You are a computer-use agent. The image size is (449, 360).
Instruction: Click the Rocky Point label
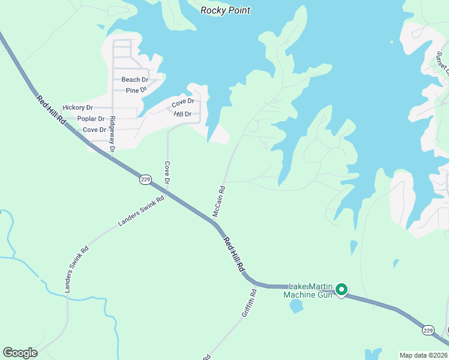pos(225,10)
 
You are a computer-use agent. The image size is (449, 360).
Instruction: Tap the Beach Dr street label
pos(134,80)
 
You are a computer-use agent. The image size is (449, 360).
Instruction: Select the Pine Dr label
pos(136,91)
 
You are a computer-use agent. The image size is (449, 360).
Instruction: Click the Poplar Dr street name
pos(91,119)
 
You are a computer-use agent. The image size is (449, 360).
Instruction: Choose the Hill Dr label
pos(182,114)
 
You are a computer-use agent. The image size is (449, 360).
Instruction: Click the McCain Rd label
pos(218,202)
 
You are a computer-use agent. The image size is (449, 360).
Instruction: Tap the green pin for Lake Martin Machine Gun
pos(342,290)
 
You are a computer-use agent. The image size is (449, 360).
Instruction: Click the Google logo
pos(19,353)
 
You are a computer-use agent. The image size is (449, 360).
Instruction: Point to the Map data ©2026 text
pos(423,355)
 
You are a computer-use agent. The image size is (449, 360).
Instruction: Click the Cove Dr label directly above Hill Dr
pos(182,101)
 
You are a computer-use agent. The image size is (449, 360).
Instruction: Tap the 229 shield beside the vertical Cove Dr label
pos(145,179)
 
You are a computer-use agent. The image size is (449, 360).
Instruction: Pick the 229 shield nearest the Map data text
pos(427,331)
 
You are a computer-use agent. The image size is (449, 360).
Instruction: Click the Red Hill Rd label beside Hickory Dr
pos(50,110)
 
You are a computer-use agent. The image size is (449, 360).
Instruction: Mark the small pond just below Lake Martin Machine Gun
pos(296,306)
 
